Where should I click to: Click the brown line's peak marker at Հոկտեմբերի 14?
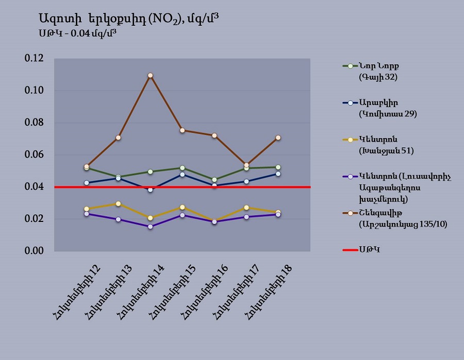point(150,76)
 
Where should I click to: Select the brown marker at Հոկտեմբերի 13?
point(118,138)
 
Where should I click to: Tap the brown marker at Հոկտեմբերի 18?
point(278,138)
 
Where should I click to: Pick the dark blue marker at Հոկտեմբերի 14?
point(150,190)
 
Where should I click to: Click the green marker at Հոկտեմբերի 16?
point(214,180)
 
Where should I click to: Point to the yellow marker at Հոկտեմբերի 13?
point(118,204)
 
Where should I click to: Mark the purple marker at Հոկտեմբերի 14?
point(150,227)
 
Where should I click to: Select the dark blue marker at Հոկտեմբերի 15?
point(182,175)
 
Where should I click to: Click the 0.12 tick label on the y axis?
point(35,59)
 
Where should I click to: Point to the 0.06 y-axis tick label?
point(35,155)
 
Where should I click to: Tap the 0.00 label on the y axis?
point(35,251)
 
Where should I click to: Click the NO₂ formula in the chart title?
point(164,19)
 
